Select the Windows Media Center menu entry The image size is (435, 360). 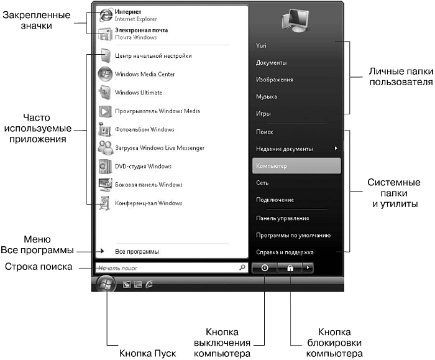coord(145,75)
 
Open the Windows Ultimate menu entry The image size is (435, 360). coord(139,93)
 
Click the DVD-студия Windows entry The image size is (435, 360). coord(143,167)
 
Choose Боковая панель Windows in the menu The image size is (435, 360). coord(149,185)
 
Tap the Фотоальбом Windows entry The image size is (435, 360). coord(145,130)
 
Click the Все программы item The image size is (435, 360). coord(137,252)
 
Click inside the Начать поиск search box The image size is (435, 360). coord(165,268)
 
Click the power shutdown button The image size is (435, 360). coord(265,268)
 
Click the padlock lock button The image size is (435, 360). coord(290,268)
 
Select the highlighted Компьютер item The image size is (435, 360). coord(296,166)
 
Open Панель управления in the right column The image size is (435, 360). coord(282,218)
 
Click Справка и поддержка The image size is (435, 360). coord(285,252)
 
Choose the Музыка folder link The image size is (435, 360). coord(267,97)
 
